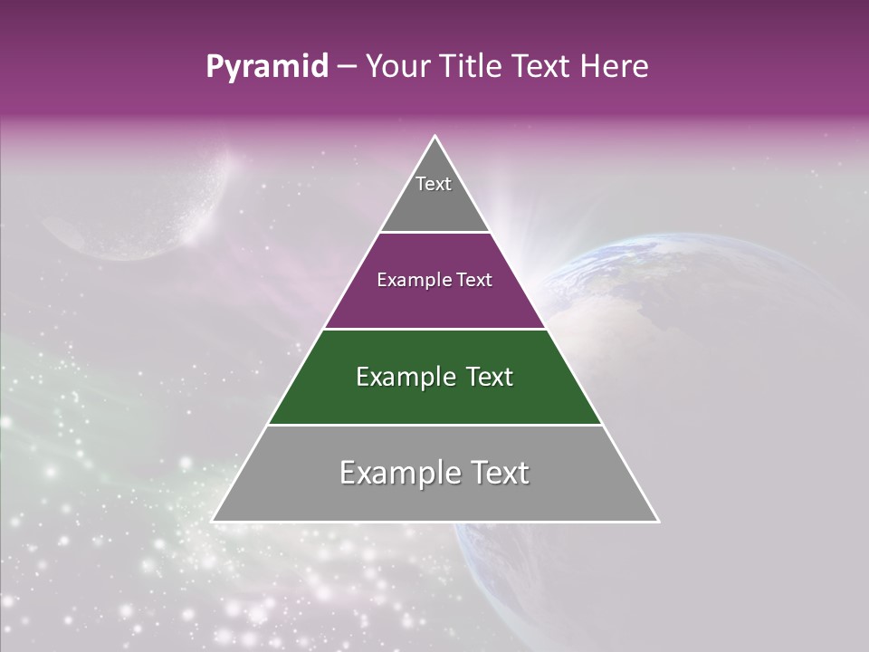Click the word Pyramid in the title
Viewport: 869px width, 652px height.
(266, 67)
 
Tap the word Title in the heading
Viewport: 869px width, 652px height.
(474, 67)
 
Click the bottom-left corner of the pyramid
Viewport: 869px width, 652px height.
(214, 521)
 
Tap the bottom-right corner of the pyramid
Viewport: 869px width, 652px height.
(657, 521)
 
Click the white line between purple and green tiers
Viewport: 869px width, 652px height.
(434, 329)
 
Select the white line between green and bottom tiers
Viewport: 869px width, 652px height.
(434, 425)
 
